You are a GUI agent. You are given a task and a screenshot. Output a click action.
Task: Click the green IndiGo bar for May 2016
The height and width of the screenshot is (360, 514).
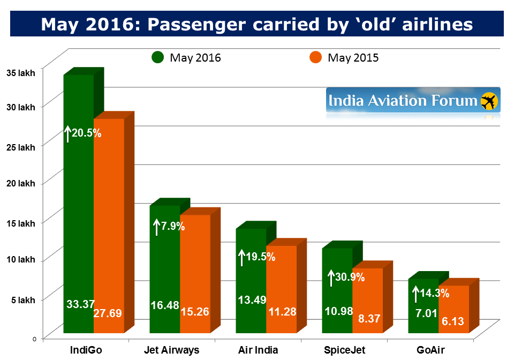pyautogui.click(x=79, y=214)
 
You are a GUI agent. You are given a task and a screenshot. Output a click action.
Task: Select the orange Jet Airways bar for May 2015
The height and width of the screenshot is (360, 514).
pyautogui.click(x=194, y=268)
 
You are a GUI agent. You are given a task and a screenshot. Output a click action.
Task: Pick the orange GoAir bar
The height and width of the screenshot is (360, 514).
pyautogui.click(x=453, y=305)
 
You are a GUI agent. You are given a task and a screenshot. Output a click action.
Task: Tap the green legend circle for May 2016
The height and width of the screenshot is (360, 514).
pyautogui.click(x=158, y=57)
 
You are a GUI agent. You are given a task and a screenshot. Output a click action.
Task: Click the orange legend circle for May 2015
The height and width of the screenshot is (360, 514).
pyautogui.click(x=316, y=57)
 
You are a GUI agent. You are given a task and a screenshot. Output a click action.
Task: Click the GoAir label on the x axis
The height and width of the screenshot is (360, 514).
pyautogui.click(x=433, y=350)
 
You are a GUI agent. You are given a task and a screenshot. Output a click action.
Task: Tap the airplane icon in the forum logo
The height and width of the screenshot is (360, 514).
pyautogui.click(x=488, y=101)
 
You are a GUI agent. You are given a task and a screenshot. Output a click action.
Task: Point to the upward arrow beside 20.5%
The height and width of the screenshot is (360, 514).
pyautogui.click(x=68, y=133)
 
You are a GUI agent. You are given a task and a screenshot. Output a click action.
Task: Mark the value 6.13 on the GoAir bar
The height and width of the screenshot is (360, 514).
pyautogui.click(x=453, y=322)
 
